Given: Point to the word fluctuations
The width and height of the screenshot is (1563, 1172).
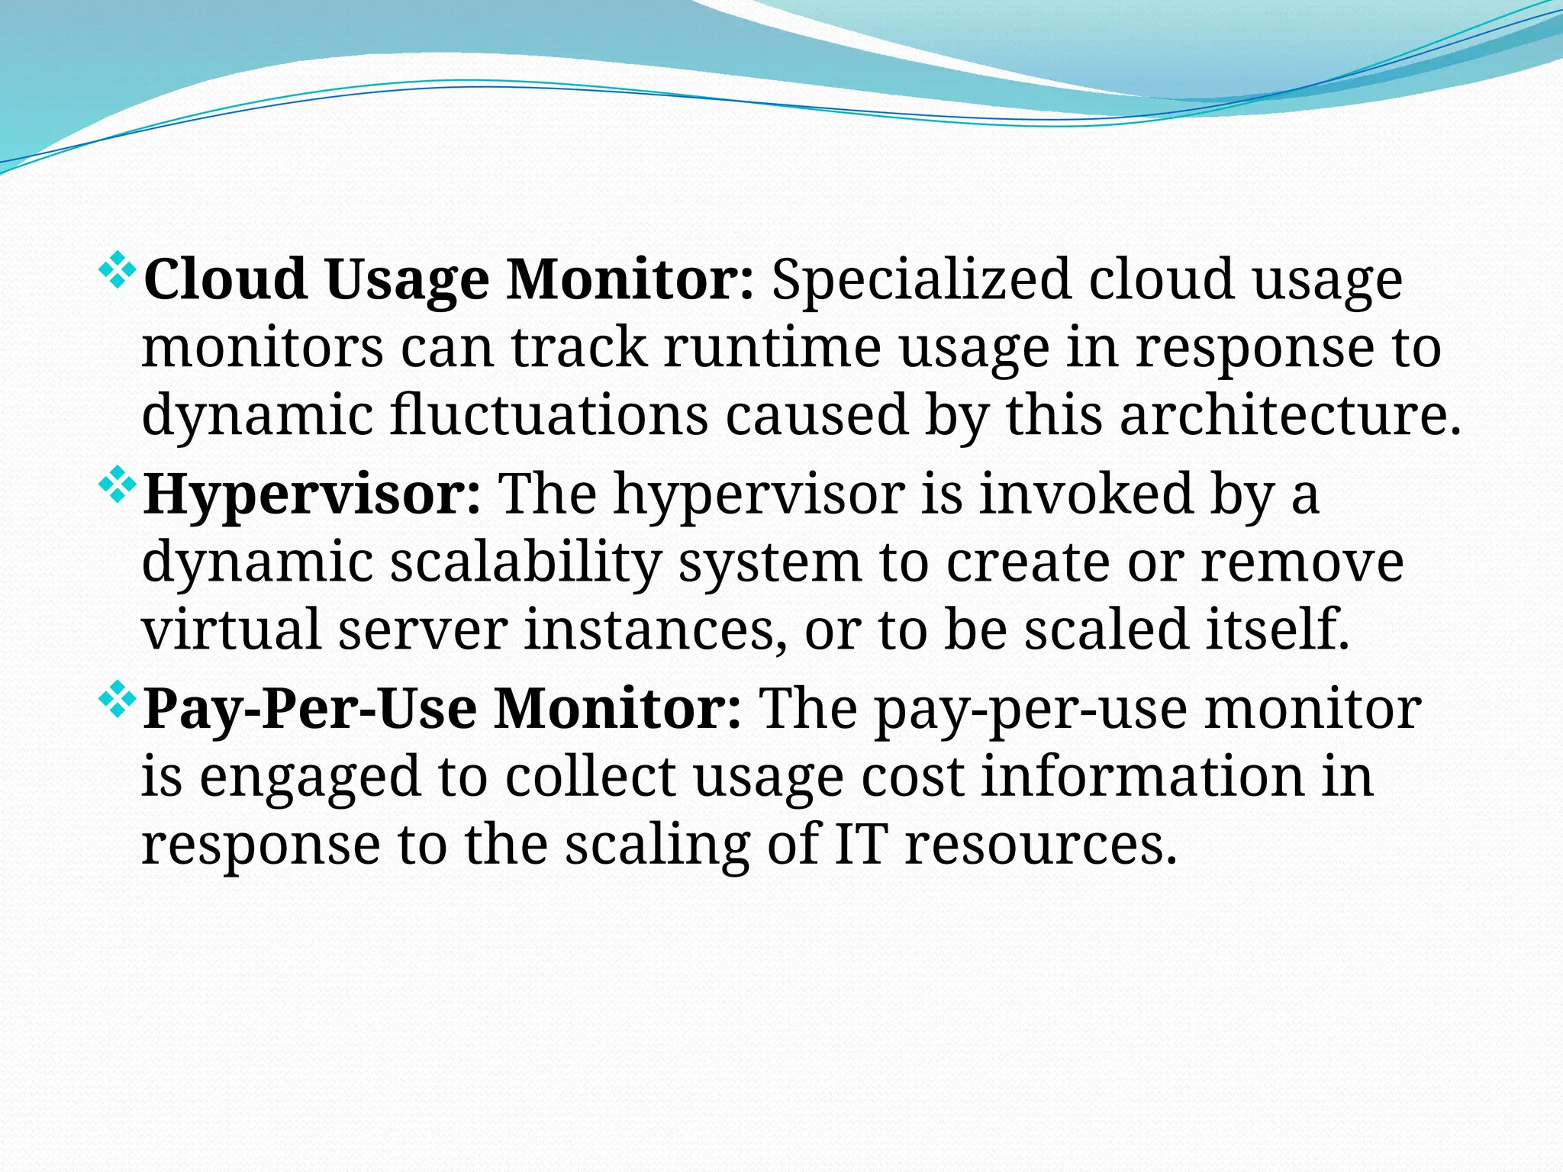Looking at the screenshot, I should tap(549, 416).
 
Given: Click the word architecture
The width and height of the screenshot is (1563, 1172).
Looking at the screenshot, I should tap(1290, 416).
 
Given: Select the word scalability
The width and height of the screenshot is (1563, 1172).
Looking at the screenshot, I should tap(526, 563).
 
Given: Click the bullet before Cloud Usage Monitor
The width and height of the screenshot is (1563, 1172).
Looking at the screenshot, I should tap(118, 270).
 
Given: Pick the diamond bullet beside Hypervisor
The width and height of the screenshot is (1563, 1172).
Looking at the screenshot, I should tap(118, 485).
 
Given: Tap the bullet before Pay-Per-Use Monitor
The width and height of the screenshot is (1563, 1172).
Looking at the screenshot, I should tap(118, 700).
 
